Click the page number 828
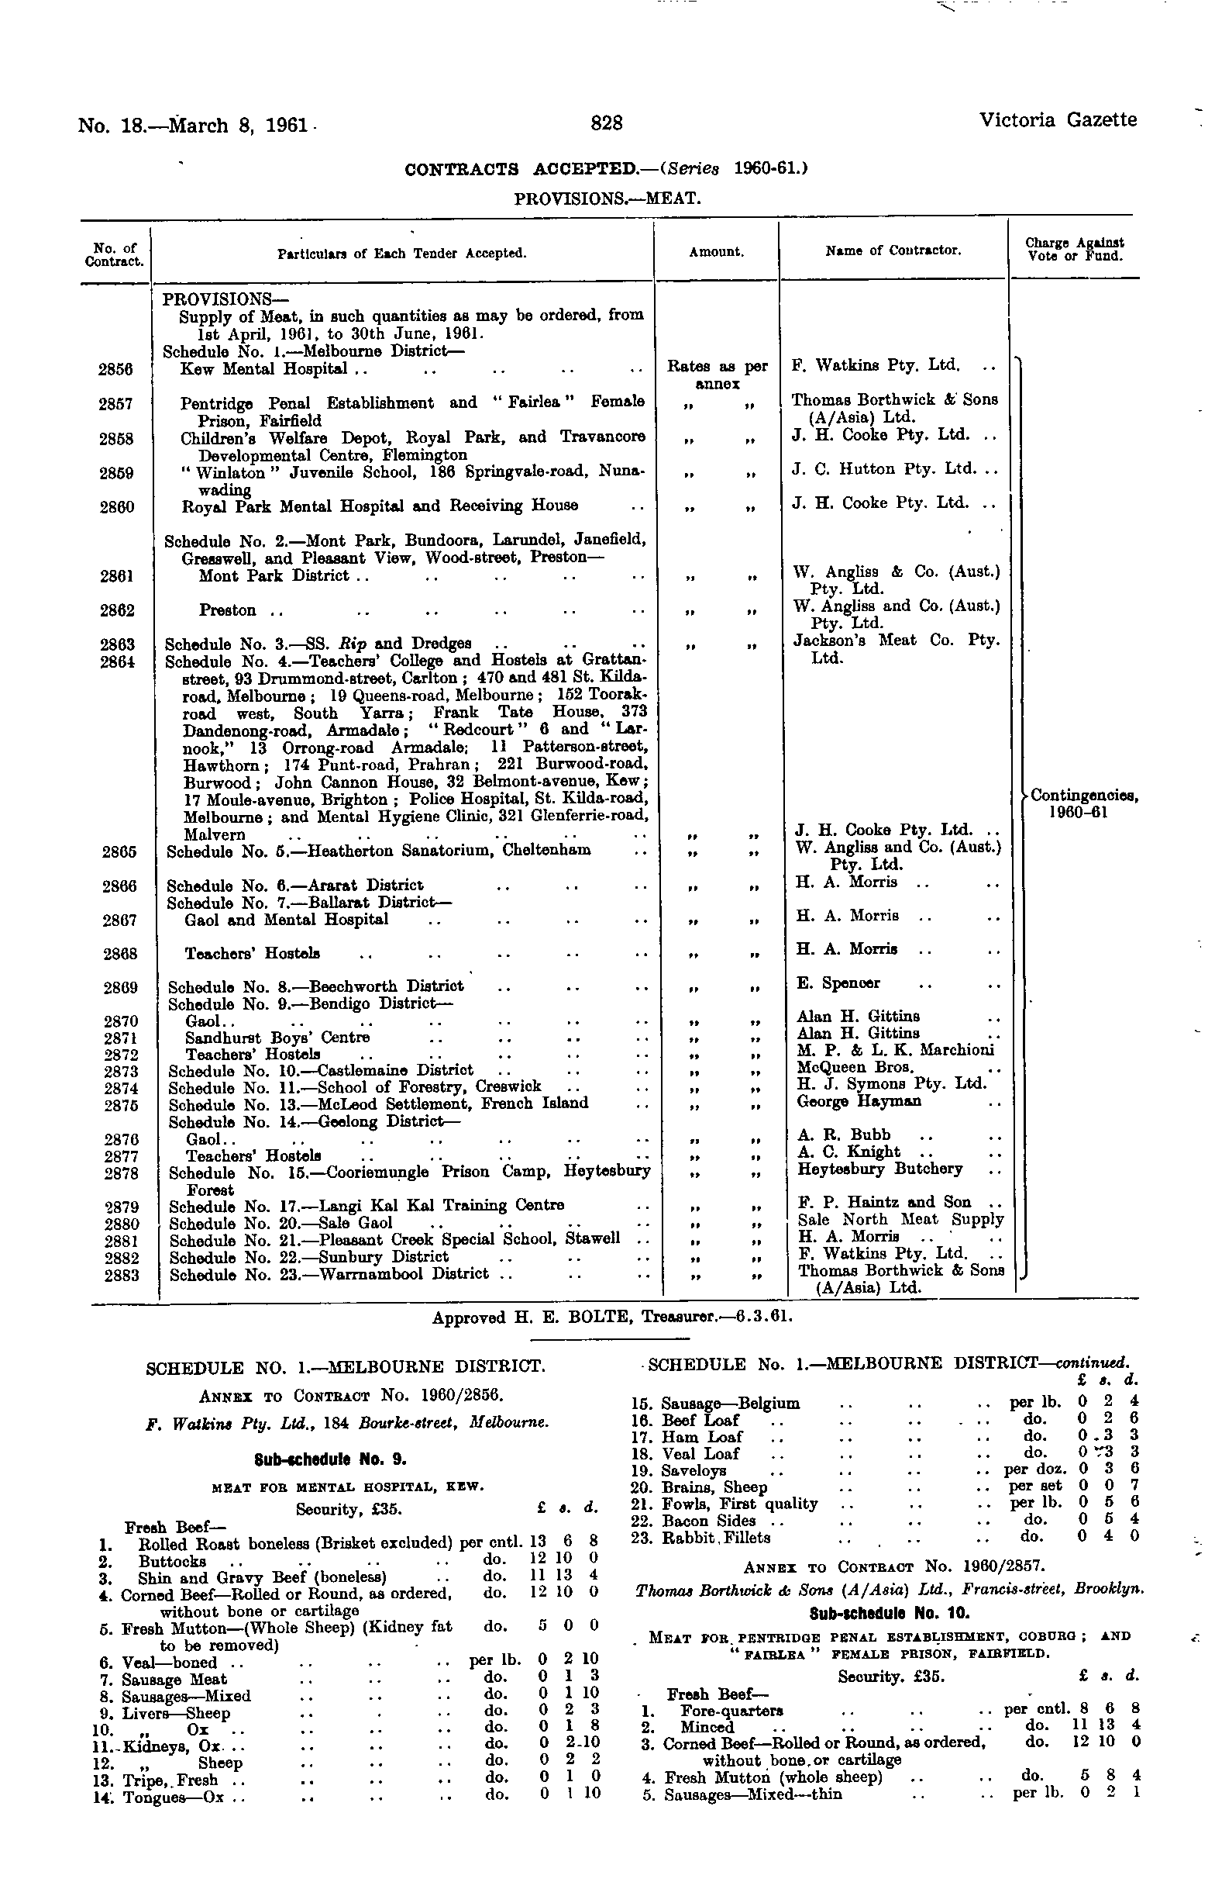coord(607,123)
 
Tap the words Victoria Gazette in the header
coord(1057,120)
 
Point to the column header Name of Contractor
coord(893,251)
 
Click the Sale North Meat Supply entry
coord(900,1220)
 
